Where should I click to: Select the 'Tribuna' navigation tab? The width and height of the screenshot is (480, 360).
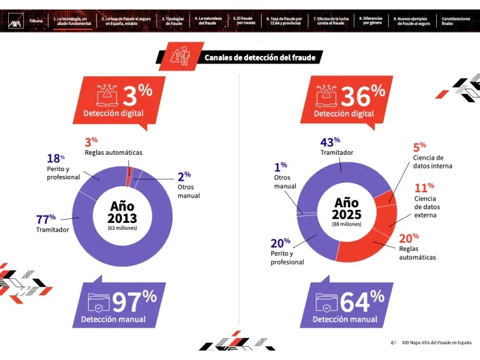point(36,21)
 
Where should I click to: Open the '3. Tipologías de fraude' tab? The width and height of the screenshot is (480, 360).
point(173,21)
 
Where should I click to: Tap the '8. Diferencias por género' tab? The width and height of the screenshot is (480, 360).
point(372,21)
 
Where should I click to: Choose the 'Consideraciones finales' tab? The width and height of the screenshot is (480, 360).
point(455,21)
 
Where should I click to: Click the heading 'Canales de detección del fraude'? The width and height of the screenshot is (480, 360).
point(260,58)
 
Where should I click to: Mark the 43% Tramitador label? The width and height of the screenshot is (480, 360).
point(335,147)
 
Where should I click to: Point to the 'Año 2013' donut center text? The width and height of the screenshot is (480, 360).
point(122,213)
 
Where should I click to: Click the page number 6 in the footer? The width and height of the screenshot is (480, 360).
point(392,342)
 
